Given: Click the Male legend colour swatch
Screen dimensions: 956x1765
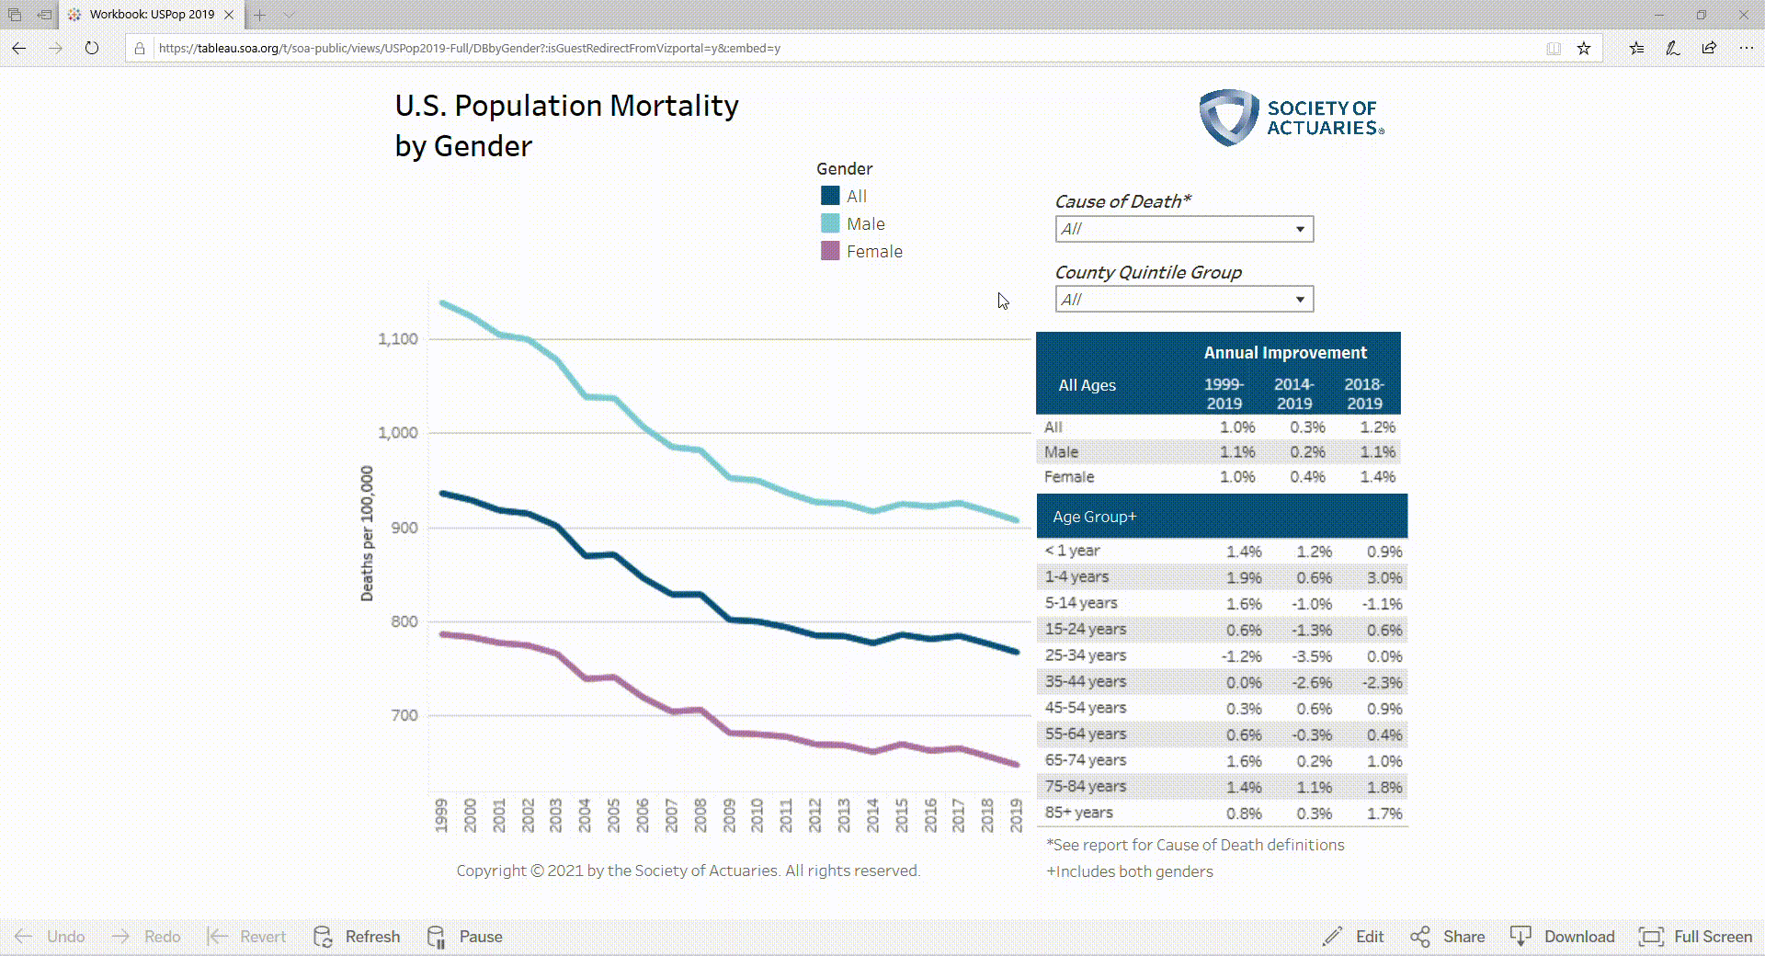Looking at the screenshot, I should tap(830, 223).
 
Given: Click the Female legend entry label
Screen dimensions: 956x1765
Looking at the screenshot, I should tap(874, 252).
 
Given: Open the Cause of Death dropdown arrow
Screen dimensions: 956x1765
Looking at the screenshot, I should tap(1300, 229).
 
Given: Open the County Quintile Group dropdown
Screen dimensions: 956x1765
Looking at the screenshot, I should tap(1184, 300).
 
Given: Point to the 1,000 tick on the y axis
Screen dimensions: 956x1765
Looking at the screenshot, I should tap(397, 433).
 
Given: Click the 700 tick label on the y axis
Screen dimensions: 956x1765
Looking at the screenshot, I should tap(404, 715).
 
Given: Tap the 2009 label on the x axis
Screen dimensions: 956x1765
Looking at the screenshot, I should tap(729, 815).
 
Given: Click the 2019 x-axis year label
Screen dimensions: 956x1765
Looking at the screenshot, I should tap(1016, 815).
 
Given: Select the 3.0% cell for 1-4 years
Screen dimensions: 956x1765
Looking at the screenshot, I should tap(1384, 578).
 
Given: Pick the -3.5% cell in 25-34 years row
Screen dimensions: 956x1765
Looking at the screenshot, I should tap(1312, 656).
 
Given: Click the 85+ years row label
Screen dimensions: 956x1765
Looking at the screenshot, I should tap(1078, 813).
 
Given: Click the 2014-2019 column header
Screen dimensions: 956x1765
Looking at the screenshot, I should tap(1293, 393).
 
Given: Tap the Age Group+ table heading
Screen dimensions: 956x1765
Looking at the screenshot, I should tap(1094, 517).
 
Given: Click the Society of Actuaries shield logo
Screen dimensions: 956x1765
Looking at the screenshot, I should tap(1228, 118).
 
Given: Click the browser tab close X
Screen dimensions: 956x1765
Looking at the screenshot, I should tap(229, 15).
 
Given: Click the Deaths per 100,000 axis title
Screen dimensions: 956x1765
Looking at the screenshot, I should tap(367, 533).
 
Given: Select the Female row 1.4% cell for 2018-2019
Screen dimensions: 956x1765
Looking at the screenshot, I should tap(1377, 477).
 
